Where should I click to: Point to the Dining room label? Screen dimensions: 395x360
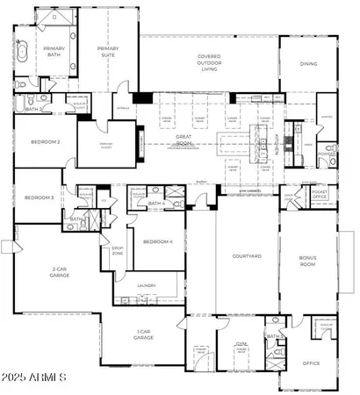click(x=308, y=63)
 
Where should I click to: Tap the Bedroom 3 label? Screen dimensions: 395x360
click(x=40, y=197)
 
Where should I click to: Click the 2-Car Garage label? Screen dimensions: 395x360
click(x=61, y=271)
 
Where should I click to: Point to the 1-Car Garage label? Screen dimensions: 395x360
click(x=144, y=334)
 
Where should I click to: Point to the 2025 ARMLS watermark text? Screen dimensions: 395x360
click(x=35, y=378)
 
